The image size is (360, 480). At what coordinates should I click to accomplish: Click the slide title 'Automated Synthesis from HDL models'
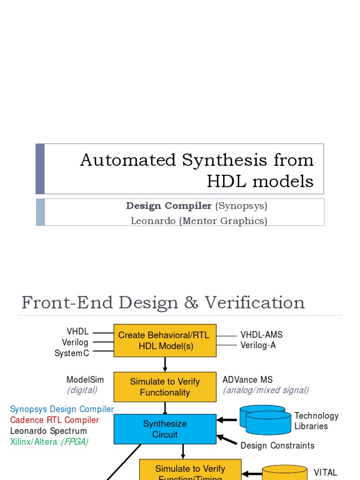pyautogui.click(x=197, y=170)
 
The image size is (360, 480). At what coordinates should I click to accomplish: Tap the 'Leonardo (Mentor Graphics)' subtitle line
pyautogui.click(x=199, y=220)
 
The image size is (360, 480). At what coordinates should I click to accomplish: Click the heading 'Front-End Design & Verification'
pyautogui.click(x=163, y=302)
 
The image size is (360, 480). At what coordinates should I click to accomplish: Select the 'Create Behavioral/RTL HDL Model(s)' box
pyautogui.click(x=165, y=341)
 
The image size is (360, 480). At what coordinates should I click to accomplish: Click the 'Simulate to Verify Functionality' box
pyautogui.click(x=165, y=387)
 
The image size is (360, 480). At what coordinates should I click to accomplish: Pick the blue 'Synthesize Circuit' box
pyautogui.click(x=165, y=429)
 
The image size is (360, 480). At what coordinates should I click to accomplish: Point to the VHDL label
pyautogui.click(x=77, y=332)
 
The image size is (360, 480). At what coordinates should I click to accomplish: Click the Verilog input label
pyautogui.click(x=75, y=343)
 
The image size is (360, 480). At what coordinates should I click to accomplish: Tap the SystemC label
pyautogui.click(x=72, y=353)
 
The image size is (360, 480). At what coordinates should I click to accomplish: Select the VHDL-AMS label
pyautogui.click(x=262, y=335)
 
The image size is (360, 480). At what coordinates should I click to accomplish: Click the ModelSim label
pyautogui.click(x=85, y=380)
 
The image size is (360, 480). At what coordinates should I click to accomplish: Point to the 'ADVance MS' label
pyautogui.click(x=247, y=380)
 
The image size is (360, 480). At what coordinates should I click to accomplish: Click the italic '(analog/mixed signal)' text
pyautogui.click(x=266, y=390)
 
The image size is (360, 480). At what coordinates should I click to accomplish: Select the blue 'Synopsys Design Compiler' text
pyautogui.click(x=62, y=409)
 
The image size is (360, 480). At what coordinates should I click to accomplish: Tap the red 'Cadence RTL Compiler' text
pyautogui.click(x=54, y=420)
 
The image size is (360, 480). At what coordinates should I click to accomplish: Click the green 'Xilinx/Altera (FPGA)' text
pyautogui.click(x=49, y=442)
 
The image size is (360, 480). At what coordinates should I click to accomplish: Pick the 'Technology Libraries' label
pyautogui.click(x=316, y=421)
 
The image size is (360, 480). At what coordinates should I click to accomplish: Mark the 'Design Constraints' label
pyautogui.click(x=277, y=445)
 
